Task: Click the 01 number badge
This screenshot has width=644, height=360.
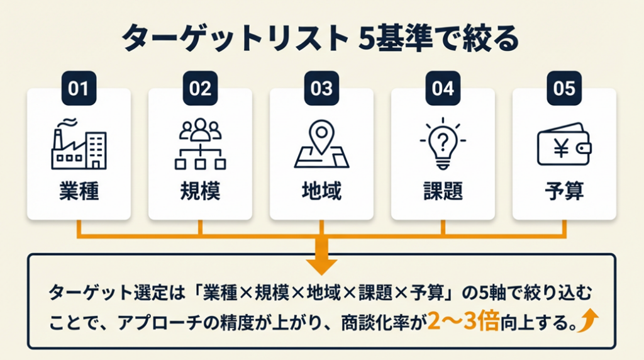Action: point(79,88)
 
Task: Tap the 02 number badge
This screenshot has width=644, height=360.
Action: point(200,88)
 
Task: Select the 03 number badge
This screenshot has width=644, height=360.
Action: point(321,88)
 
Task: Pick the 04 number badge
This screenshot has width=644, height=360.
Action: point(443,88)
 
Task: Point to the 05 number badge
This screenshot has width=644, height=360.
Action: point(564,88)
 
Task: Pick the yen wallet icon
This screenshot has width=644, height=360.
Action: point(564,146)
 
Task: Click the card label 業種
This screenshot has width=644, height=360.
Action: point(79,191)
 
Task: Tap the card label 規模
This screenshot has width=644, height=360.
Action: point(200,191)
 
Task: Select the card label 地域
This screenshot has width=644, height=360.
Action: point(321,191)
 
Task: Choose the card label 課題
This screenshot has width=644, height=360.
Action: point(443,191)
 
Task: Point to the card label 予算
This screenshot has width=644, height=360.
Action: point(564,191)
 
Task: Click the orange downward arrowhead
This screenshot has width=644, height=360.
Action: point(321,265)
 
